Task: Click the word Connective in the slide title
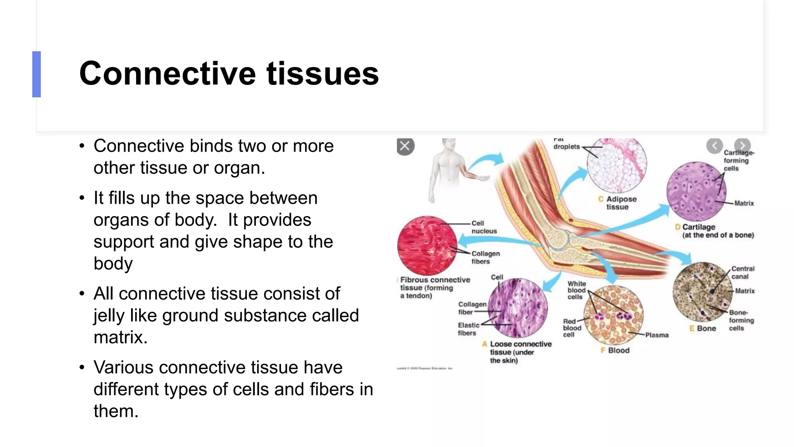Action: click(167, 74)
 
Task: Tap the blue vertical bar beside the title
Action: click(36, 74)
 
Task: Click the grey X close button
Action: click(405, 146)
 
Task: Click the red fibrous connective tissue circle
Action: click(427, 246)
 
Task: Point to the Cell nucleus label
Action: click(483, 227)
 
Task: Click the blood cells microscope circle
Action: click(613, 315)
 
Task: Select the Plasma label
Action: click(656, 335)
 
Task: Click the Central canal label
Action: click(742, 272)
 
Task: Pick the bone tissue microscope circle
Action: click(702, 291)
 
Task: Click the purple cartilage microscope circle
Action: click(696, 191)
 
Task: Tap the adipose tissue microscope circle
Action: click(616, 165)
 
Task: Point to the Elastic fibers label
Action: click(468, 329)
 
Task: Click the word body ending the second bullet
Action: click(113, 263)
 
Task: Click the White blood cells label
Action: click(576, 290)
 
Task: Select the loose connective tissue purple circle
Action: click(517, 308)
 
